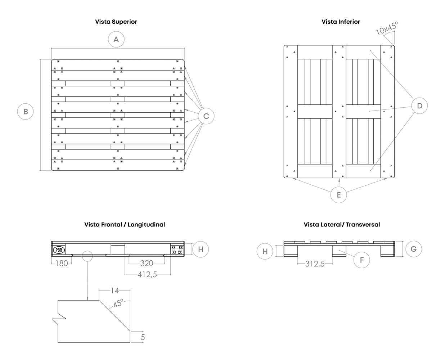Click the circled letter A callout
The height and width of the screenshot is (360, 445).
116,40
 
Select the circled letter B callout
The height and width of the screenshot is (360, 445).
26,112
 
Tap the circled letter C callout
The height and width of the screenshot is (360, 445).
206,116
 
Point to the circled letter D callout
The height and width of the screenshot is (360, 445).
419,106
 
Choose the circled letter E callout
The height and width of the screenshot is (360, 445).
338,195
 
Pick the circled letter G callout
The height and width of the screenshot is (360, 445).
413,249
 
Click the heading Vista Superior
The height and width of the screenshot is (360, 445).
116,22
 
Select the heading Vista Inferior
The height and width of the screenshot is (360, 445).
341,22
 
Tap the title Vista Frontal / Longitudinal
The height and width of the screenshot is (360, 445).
125,225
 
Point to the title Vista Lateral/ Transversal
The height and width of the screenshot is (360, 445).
342,225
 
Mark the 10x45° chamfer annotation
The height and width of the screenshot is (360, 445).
387,28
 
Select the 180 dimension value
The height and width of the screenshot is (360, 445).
62,264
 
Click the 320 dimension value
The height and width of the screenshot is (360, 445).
147,264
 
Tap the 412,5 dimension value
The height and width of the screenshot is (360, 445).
147,275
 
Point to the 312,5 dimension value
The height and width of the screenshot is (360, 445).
315,264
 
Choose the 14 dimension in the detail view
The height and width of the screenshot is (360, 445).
115,291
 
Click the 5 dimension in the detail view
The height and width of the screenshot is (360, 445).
143,337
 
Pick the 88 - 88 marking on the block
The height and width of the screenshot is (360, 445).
177,248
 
